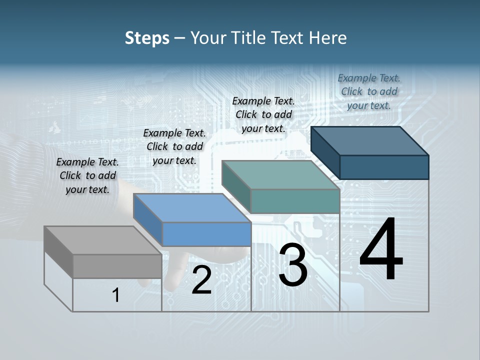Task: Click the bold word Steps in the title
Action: pyautogui.click(x=147, y=38)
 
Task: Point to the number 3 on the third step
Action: pyautogui.click(x=293, y=265)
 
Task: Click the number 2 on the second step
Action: pyautogui.click(x=201, y=280)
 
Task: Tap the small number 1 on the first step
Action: pyautogui.click(x=116, y=295)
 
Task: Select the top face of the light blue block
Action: pyautogui.click(x=192, y=208)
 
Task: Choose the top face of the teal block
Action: pyautogui.click(x=280, y=175)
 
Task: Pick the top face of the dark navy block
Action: pyautogui.click(x=369, y=141)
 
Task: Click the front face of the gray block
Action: pyautogui.click(x=117, y=266)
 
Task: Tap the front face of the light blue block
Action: pyautogui.click(x=206, y=234)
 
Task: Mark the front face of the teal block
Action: pyautogui.click(x=295, y=201)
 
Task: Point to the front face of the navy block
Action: pyautogui.click(x=384, y=167)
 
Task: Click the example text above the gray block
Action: pyautogui.click(x=87, y=175)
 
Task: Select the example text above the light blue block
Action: pyautogui.click(x=174, y=146)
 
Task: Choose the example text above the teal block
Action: pyautogui.click(x=263, y=114)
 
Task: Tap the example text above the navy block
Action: pyautogui.click(x=369, y=91)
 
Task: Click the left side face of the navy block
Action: pyautogui.click(x=325, y=152)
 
